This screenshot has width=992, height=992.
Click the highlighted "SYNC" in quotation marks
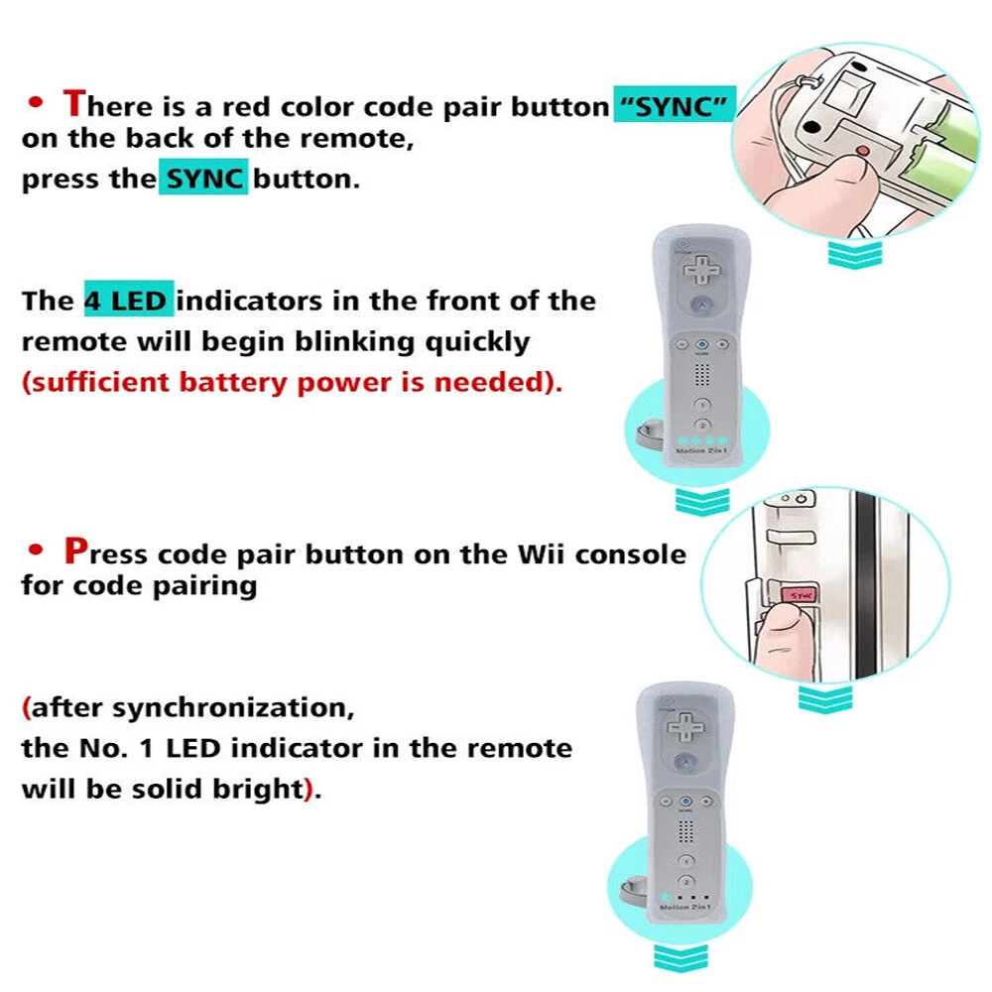click(675, 105)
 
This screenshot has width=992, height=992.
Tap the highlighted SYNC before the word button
click(203, 179)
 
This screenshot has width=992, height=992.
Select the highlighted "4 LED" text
click(129, 300)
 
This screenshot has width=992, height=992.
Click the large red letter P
click(75, 551)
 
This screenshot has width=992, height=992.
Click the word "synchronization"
click(233, 707)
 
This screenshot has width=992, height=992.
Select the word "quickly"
click(477, 342)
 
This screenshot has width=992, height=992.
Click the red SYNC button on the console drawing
click(801, 596)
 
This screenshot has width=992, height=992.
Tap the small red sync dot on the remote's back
click(862, 151)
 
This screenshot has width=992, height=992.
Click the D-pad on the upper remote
click(701, 269)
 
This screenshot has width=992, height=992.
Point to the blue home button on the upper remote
click(702, 344)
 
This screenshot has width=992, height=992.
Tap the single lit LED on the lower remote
click(666, 897)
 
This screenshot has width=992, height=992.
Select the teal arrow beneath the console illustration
click(825, 698)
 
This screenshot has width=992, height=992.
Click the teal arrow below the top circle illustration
click(855, 254)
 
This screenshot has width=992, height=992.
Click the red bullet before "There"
click(36, 102)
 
